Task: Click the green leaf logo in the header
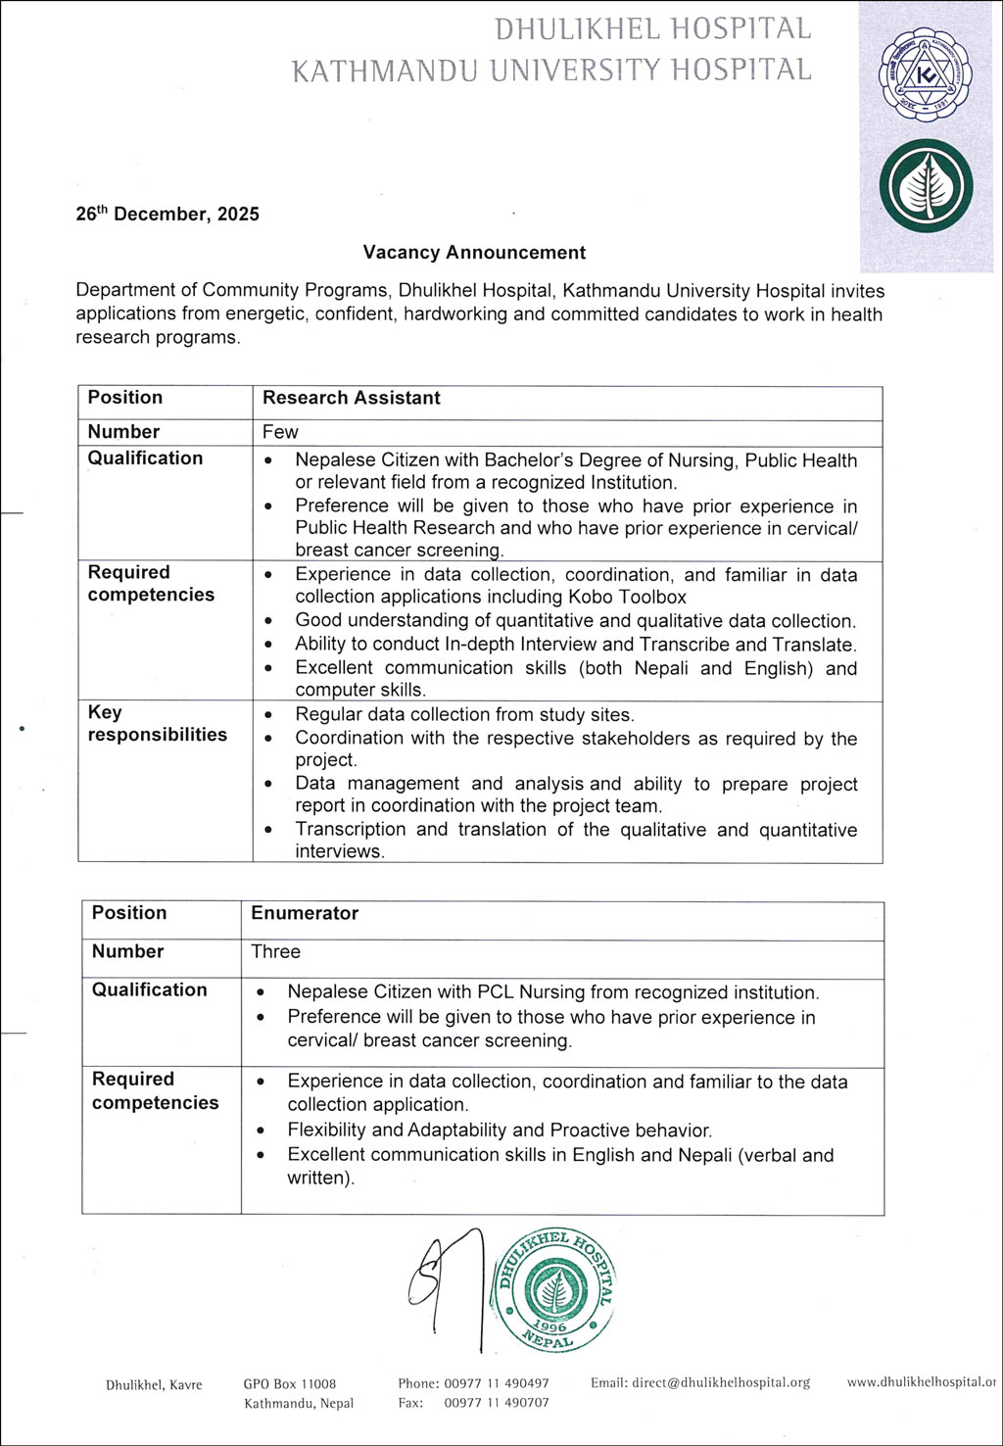(926, 186)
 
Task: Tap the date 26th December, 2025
(167, 214)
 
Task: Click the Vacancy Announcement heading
(474, 252)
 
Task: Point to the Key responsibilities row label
(157, 724)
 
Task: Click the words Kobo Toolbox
(627, 597)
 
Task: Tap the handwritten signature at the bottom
(446, 1283)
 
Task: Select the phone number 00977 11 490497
(497, 1383)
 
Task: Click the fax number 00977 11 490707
(497, 1403)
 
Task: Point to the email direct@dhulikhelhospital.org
(721, 1382)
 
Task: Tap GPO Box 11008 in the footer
(290, 1384)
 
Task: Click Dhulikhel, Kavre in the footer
(154, 1384)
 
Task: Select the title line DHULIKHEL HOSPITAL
(652, 29)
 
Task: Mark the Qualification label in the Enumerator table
(150, 989)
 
